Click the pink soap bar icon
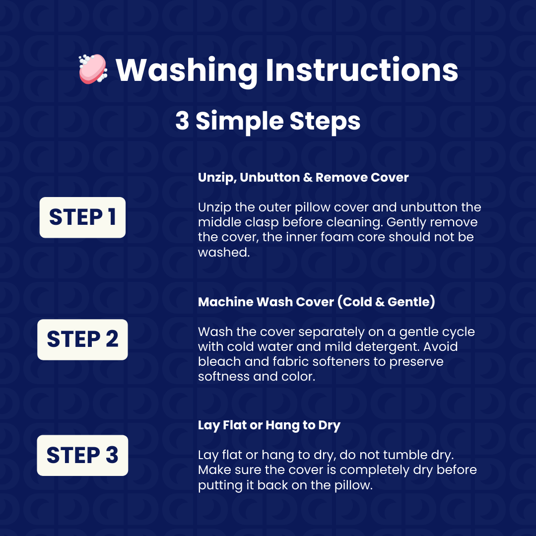click(x=93, y=68)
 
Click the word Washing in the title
click(x=187, y=71)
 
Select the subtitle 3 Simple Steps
click(x=268, y=122)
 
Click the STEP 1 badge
click(x=82, y=217)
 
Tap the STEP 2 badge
click(x=82, y=339)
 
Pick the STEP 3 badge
click(x=82, y=455)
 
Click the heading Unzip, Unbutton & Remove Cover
click(x=303, y=178)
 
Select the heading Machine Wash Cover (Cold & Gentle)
click(x=317, y=302)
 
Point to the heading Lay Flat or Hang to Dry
click(x=269, y=426)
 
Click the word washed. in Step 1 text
click(x=224, y=252)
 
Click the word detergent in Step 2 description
click(x=387, y=347)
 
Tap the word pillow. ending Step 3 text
click(x=353, y=485)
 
